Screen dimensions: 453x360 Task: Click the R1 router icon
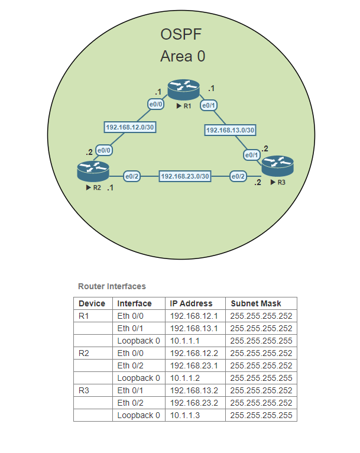(x=184, y=89)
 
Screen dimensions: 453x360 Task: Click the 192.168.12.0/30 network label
(x=130, y=127)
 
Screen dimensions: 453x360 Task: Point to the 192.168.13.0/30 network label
(x=231, y=130)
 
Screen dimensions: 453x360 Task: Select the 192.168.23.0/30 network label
(x=186, y=176)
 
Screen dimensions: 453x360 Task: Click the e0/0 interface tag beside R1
(x=155, y=105)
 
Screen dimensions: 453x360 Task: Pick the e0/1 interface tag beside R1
(x=209, y=106)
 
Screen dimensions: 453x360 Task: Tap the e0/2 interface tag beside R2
(x=131, y=176)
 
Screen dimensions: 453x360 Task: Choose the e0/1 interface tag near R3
(x=252, y=155)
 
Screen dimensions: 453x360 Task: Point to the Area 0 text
(x=183, y=57)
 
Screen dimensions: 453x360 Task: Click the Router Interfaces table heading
(x=112, y=286)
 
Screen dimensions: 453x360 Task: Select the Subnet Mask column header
(x=256, y=303)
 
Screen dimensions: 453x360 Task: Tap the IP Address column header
(x=191, y=303)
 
